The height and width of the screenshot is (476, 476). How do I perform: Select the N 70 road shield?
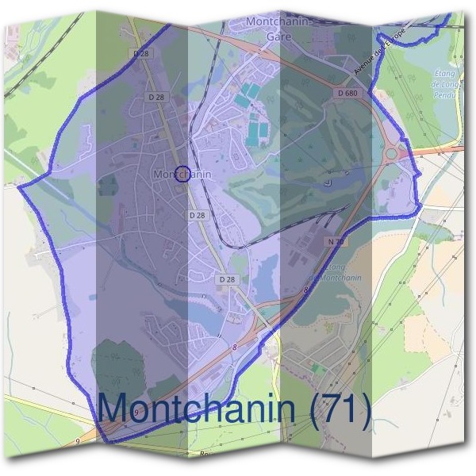coord(334,240)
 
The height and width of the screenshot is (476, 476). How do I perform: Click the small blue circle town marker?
coord(182,173)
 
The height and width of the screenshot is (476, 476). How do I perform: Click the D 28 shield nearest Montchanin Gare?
coord(142,53)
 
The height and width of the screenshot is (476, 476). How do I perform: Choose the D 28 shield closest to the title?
coord(227,279)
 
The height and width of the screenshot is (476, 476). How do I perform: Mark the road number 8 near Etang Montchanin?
coord(305,291)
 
